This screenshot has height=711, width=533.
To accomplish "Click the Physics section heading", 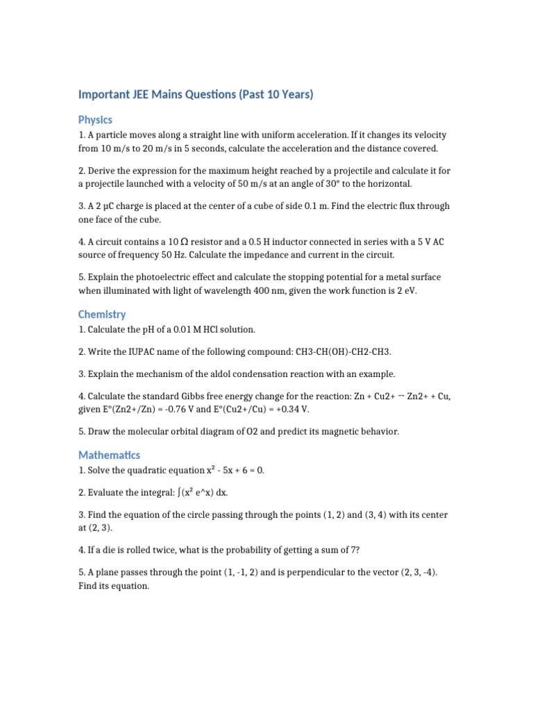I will (x=95, y=119).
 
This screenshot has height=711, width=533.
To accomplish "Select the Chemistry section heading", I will (x=102, y=314).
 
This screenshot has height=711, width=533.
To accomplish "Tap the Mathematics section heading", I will (x=109, y=455).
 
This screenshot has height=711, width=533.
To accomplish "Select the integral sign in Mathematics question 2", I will (x=179, y=492).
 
